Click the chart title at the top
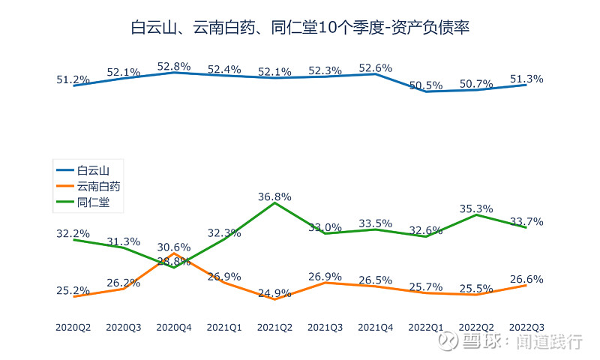coord(300,28)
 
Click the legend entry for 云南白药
coord(98,186)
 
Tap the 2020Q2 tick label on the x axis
coord(73,328)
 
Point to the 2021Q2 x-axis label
coord(274,328)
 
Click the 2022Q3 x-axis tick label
coord(526,328)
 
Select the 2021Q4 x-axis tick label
coord(376,328)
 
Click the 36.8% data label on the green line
coord(274,196)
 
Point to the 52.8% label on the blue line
coord(174,66)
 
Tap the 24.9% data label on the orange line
coord(274,293)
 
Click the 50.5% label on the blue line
coord(426,85)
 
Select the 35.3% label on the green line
coord(475,208)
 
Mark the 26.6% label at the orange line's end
coord(526,280)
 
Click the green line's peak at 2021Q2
coord(274,203)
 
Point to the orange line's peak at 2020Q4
coord(174,253)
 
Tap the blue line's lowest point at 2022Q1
coord(426,91)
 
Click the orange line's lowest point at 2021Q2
coord(274,298)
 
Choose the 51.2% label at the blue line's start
coord(73,79)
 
